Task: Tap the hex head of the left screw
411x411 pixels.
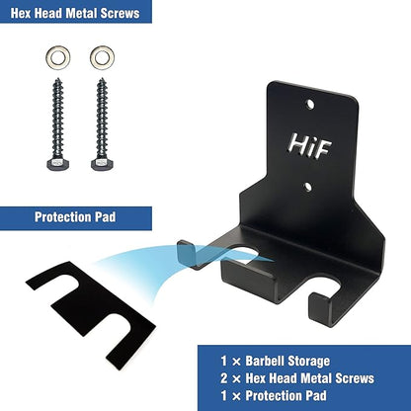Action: (58, 164)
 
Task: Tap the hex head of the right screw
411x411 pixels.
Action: (102, 164)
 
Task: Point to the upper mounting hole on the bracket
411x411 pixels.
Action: (309, 105)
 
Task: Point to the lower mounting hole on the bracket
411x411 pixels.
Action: (307, 187)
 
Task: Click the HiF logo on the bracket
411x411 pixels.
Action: (309, 146)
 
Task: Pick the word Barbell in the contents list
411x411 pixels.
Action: (265, 361)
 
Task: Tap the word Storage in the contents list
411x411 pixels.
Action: (308, 362)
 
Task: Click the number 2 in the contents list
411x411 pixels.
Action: (224, 378)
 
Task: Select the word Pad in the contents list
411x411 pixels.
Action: (316, 395)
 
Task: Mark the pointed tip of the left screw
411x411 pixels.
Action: (58, 79)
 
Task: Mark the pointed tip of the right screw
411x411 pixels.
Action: (103, 79)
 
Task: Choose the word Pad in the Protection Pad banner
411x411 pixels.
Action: (105, 217)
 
